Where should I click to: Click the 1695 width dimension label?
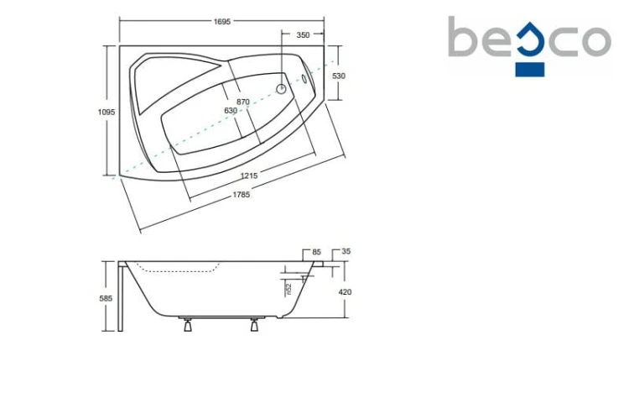pos(222,22)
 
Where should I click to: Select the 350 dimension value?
pos(303,35)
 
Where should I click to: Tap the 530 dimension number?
pos(339,76)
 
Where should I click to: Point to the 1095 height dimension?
pos(107,112)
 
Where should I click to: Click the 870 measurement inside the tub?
pos(242,102)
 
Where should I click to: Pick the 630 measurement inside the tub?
pos(231,111)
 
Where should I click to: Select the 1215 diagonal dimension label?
pos(249,176)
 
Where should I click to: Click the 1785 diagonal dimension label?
pos(241,195)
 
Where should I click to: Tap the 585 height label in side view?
pos(106,298)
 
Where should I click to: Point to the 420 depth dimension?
pos(345,292)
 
